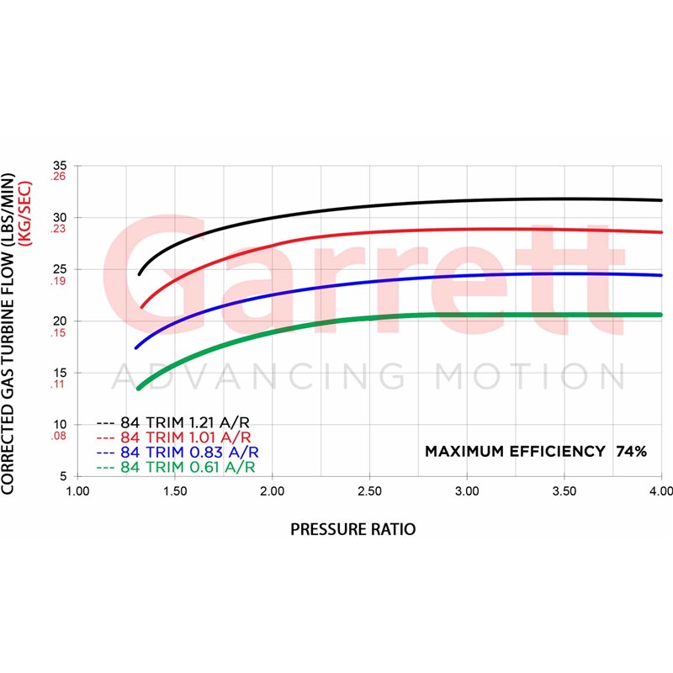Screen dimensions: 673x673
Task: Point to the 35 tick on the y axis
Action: click(59, 166)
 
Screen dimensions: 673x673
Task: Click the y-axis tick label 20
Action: click(59, 321)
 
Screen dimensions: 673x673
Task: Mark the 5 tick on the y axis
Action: click(62, 476)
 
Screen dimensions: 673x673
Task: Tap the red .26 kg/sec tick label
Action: click(58, 177)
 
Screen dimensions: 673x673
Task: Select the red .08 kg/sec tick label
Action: click(58, 437)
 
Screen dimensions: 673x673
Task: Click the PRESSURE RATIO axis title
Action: click(352, 529)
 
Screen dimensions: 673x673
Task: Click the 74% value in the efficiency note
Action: click(631, 451)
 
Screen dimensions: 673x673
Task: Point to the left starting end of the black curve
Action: click(140, 273)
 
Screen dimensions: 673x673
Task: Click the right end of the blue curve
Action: click(661, 275)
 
